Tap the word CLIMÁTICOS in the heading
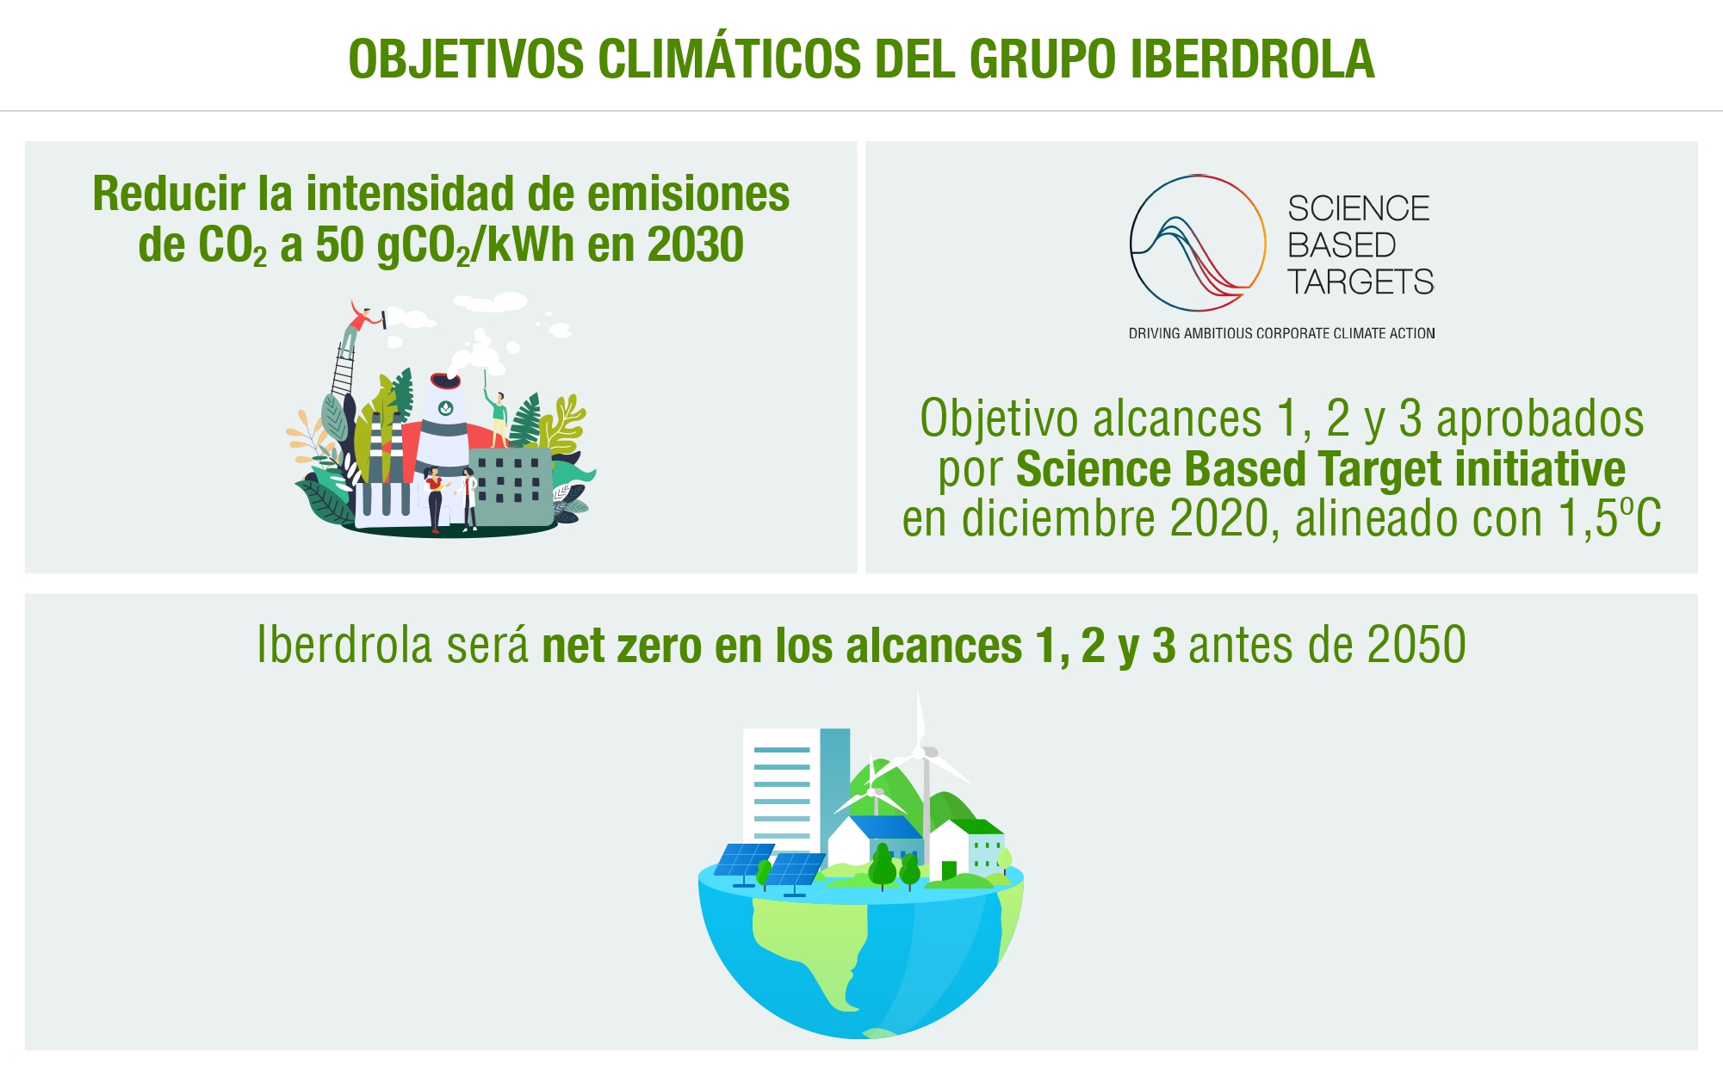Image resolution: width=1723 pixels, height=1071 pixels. coord(729,59)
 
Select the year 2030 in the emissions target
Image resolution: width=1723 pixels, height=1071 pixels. coord(695,245)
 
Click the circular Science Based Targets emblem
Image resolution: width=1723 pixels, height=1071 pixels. coord(1197,243)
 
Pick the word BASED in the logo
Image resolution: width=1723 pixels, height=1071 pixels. coord(1341,245)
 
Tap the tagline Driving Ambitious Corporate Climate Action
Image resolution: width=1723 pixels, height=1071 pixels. coord(1281,333)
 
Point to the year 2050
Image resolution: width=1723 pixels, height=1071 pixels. coord(1416,645)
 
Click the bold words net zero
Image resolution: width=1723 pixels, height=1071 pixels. coord(622,647)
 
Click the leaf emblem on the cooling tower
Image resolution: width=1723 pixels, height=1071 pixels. coord(445,408)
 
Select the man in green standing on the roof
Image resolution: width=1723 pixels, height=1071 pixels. coord(498,418)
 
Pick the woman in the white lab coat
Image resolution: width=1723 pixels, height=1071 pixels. coord(468,498)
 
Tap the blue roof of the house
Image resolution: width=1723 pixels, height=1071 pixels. coord(887,826)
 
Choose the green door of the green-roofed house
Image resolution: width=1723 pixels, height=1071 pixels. coord(948,870)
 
